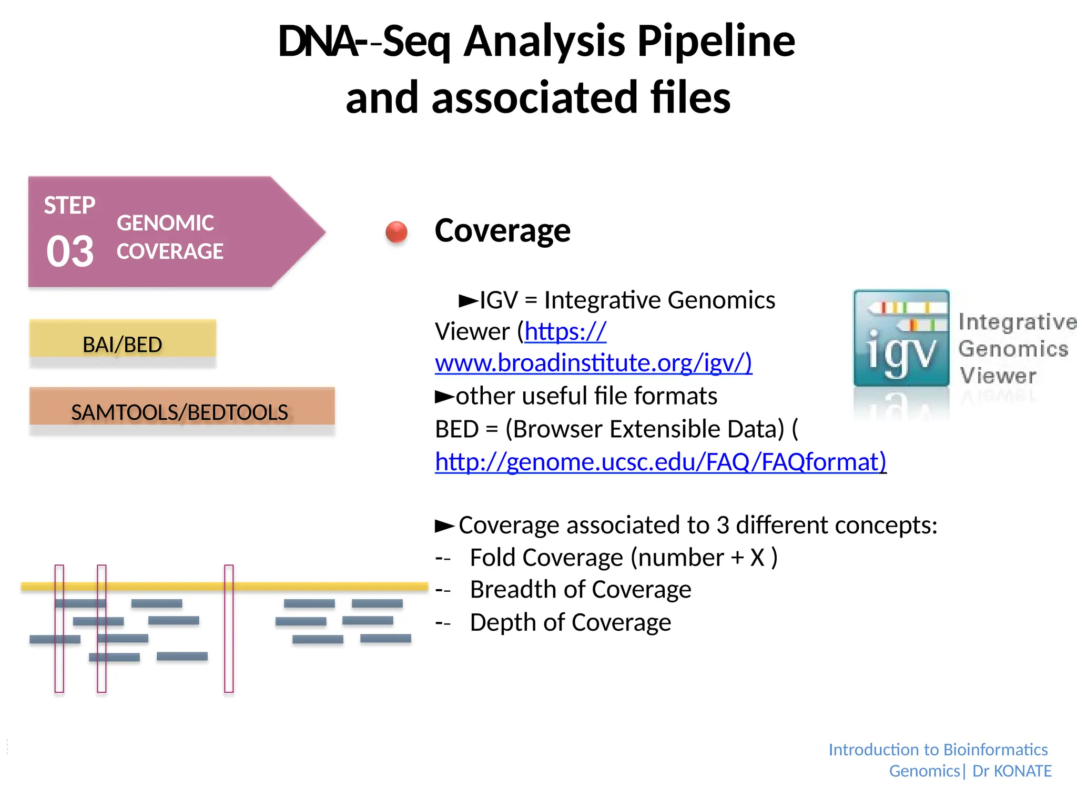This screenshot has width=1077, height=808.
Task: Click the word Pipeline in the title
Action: point(716,42)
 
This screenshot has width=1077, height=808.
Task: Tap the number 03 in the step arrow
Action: point(70,251)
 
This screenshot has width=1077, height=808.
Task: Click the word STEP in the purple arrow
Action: point(69,205)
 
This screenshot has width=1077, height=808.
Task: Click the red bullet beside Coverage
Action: point(397,232)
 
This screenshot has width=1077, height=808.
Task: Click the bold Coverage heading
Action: point(502,230)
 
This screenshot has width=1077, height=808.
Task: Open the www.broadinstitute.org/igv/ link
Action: point(593,363)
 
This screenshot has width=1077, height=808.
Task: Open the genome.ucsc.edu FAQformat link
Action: point(661,462)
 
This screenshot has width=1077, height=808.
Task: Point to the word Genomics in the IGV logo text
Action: point(1013,349)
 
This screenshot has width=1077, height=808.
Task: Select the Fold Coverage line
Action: point(623,558)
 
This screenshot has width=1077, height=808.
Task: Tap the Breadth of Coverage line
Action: point(580,590)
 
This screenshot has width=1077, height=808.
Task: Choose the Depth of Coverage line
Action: point(570,622)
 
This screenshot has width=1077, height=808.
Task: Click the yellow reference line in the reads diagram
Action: point(316,586)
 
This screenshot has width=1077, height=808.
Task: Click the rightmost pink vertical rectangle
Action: point(229,628)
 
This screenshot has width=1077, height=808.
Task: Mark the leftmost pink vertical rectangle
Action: point(59,628)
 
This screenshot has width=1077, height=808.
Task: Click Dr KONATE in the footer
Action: point(1011,771)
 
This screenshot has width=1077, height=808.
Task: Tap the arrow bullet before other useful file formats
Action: point(444,397)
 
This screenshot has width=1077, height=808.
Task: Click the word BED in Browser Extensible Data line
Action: point(456,429)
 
